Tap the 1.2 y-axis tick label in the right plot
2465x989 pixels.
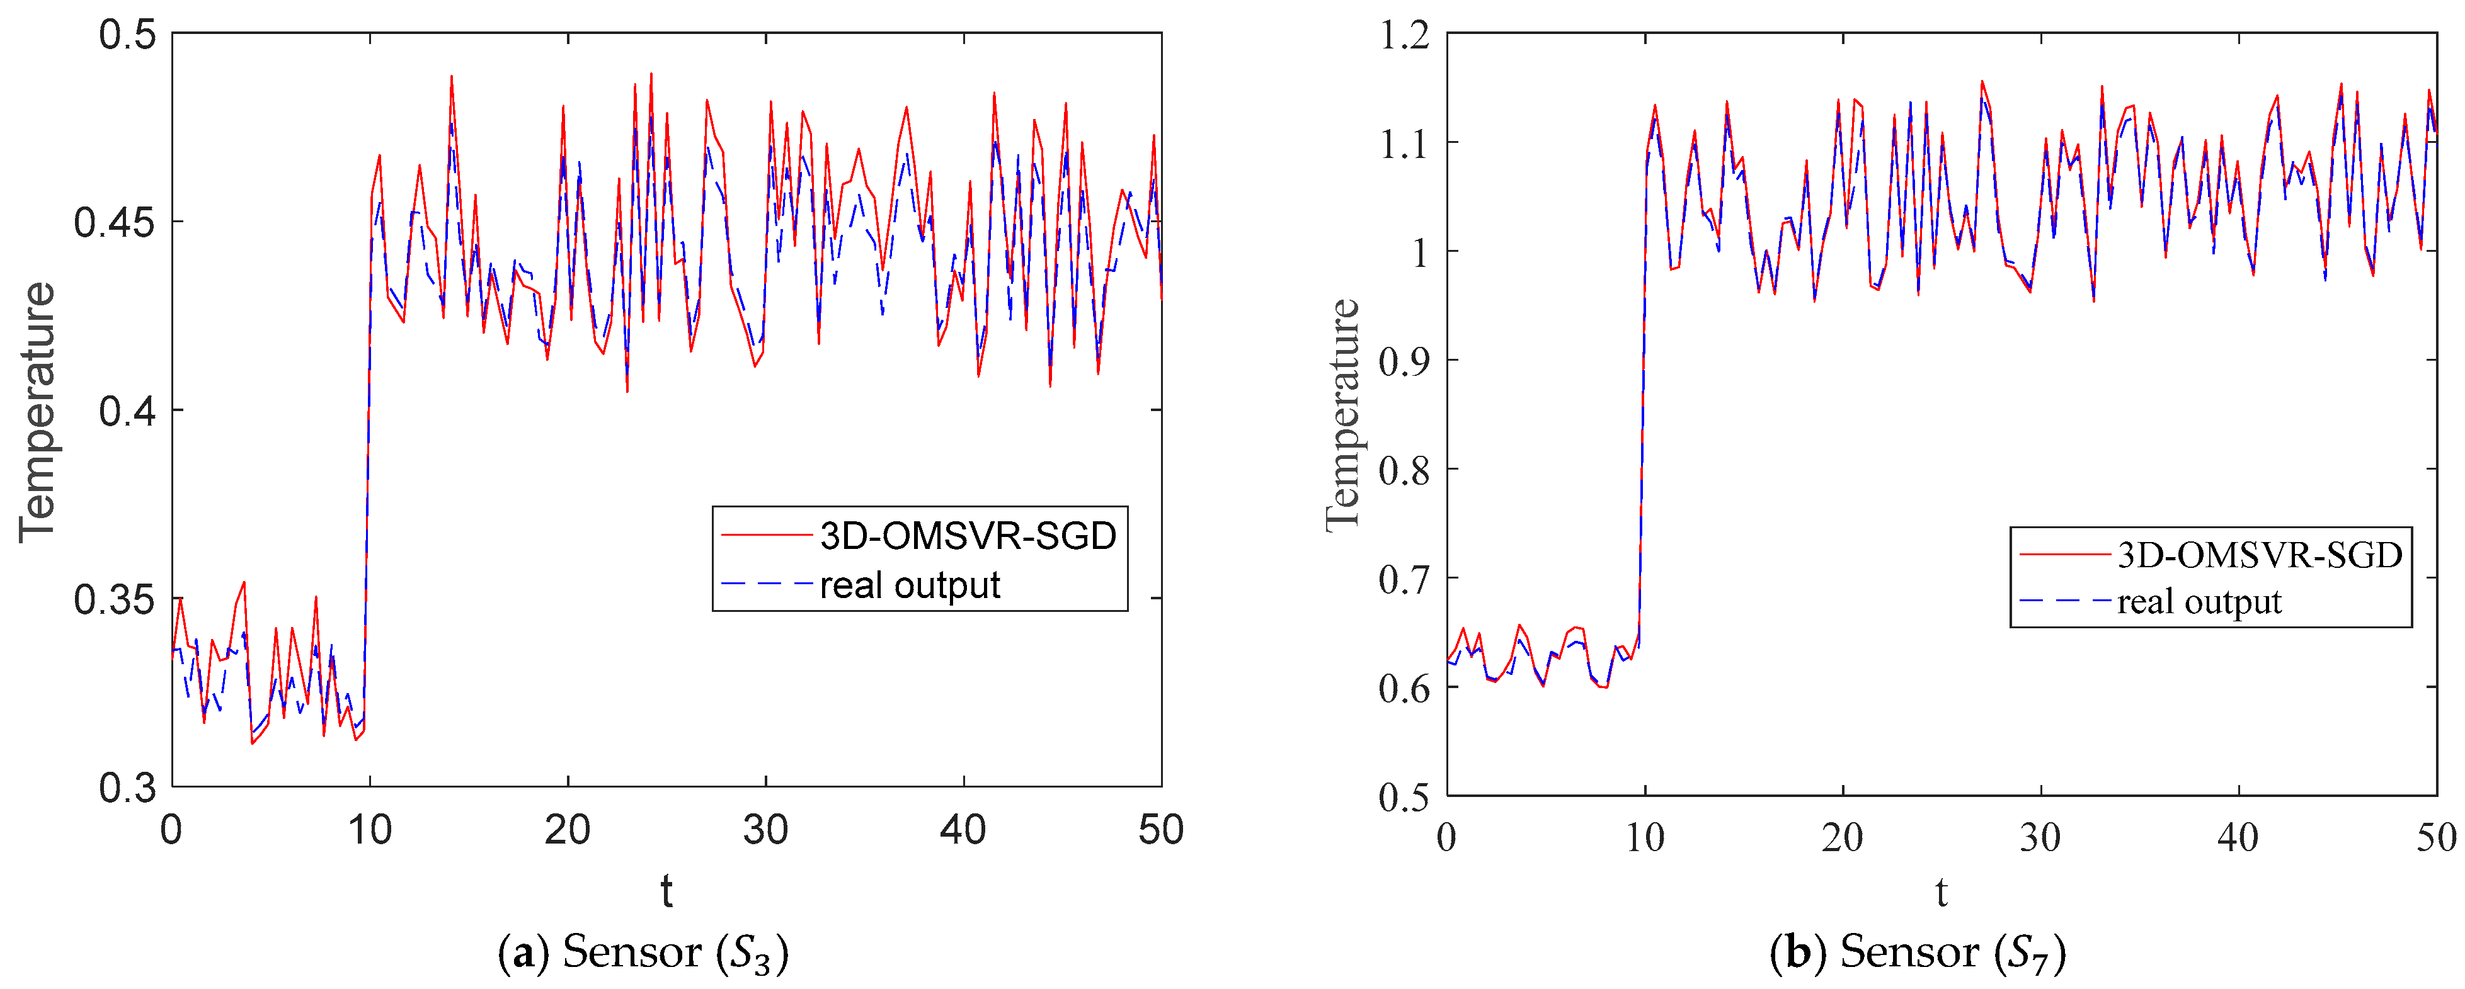(x=1404, y=35)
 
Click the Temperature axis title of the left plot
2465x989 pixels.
(x=38, y=411)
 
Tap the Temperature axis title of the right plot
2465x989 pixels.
(x=1344, y=414)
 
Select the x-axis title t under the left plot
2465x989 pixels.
(x=666, y=891)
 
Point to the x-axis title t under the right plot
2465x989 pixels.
(x=1941, y=893)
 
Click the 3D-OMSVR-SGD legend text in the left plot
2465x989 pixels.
(x=968, y=536)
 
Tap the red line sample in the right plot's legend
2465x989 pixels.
(x=2063, y=555)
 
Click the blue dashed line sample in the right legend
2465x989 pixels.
(x=2063, y=601)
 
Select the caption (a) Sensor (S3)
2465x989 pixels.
(x=643, y=952)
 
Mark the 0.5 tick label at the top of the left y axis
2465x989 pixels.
(x=127, y=35)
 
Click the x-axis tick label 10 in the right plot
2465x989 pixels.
(x=1644, y=838)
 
